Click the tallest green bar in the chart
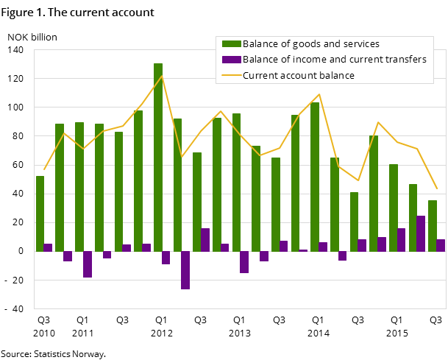click(x=158, y=157)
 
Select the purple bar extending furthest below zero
click(x=185, y=270)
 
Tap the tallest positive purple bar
click(x=421, y=233)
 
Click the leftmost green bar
click(x=40, y=213)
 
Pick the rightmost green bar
click(x=433, y=225)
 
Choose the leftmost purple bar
click(x=48, y=247)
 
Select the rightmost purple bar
click(x=441, y=245)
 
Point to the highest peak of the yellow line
click(x=162, y=76)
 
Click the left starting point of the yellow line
click(x=44, y=169)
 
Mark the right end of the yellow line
click(x=437, y=188)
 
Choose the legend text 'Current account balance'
click(x=299, y=76)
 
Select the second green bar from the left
click(x=60, y=187)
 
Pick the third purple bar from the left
click(x=88, y=264)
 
